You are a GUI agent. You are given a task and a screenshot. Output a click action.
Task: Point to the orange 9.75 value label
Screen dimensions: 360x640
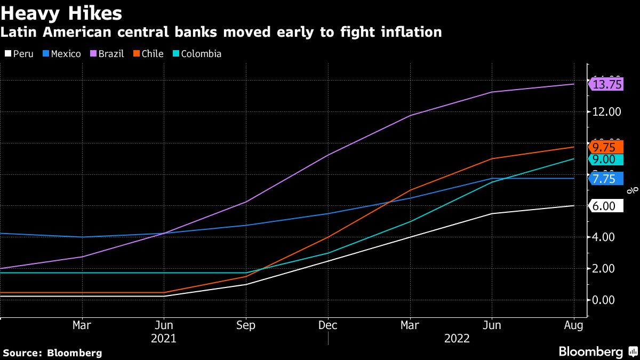point(604,147)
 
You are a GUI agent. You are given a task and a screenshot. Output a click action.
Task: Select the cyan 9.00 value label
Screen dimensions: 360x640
point(604,159)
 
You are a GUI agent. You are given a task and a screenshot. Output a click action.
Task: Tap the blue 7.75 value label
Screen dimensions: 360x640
point(604,179)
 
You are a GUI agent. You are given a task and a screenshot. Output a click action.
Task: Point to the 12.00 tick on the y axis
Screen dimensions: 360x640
point(607,112)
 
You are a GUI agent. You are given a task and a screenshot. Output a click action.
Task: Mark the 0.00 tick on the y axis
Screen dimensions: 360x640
point(607,300)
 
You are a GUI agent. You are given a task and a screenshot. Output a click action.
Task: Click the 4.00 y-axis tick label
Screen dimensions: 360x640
point(607,237)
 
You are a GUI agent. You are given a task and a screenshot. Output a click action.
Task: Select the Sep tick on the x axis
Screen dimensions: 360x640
point(245,325)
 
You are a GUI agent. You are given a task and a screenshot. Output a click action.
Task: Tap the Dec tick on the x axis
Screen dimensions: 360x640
point(327,325)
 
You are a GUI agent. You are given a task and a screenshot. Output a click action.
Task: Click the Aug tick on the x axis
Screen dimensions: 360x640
point(573,325)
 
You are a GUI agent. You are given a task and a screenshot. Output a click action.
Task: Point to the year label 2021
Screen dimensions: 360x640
point(164,339)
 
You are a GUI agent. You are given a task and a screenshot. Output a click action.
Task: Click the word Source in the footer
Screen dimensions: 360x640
point(22,353)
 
